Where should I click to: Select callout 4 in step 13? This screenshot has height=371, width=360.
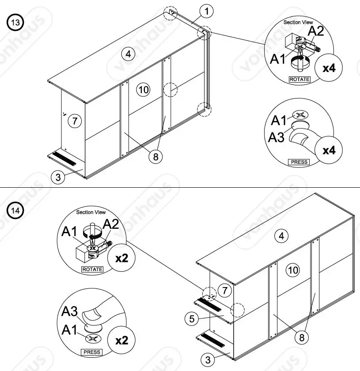click(x=128, y=54)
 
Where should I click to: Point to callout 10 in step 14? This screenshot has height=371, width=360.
click(x=293, y=270)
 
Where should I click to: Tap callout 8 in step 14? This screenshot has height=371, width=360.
click(x=302, y=338)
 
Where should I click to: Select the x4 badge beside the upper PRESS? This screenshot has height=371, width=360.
click(x=329, y=150)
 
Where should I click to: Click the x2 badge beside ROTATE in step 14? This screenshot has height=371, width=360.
click(x=121, y=257)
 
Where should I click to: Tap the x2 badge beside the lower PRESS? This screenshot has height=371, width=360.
click(x=121, y=340)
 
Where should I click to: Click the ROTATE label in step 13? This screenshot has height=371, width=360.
click(x=299, y=79)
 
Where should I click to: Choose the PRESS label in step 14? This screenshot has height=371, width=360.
click(x=91, y=352)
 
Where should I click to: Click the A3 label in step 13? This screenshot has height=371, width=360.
click(x=277, y=137)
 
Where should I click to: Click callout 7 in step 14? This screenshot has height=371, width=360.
click(x=224, y=291)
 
